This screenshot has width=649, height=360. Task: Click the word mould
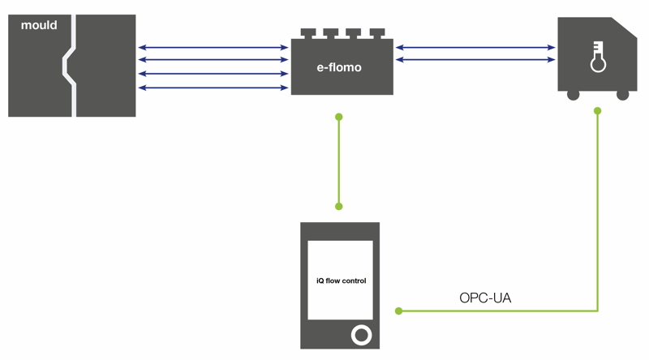pos(39,25)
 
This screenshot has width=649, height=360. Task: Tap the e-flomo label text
pos(339,67)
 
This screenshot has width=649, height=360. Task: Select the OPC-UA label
pos(485,298)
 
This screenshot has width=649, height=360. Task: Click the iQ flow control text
pos(341,281)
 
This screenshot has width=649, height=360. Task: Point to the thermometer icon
pos(598,57)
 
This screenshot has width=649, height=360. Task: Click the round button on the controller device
pos(361,335)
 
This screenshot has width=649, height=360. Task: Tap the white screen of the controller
pos(340,281)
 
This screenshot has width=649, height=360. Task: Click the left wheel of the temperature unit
pos(573,95)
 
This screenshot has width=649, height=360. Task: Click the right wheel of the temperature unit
pos(622,95)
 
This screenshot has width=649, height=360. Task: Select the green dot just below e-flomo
pos(339,117)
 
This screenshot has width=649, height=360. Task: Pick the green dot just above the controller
pos(339,207)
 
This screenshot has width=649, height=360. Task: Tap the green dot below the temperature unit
pos(597,111)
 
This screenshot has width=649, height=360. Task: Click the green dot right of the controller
pos(398,311)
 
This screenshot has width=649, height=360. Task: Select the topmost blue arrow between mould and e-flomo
pos(213,48)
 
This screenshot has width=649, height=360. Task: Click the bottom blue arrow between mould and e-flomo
pos(213,88)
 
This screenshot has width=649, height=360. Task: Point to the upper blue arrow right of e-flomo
pos(475,48)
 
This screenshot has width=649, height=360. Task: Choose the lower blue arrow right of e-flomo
pos(475,59)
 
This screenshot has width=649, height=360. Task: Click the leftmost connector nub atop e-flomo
pos(308,32)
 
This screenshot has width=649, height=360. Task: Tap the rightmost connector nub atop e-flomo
pos(377,32)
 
